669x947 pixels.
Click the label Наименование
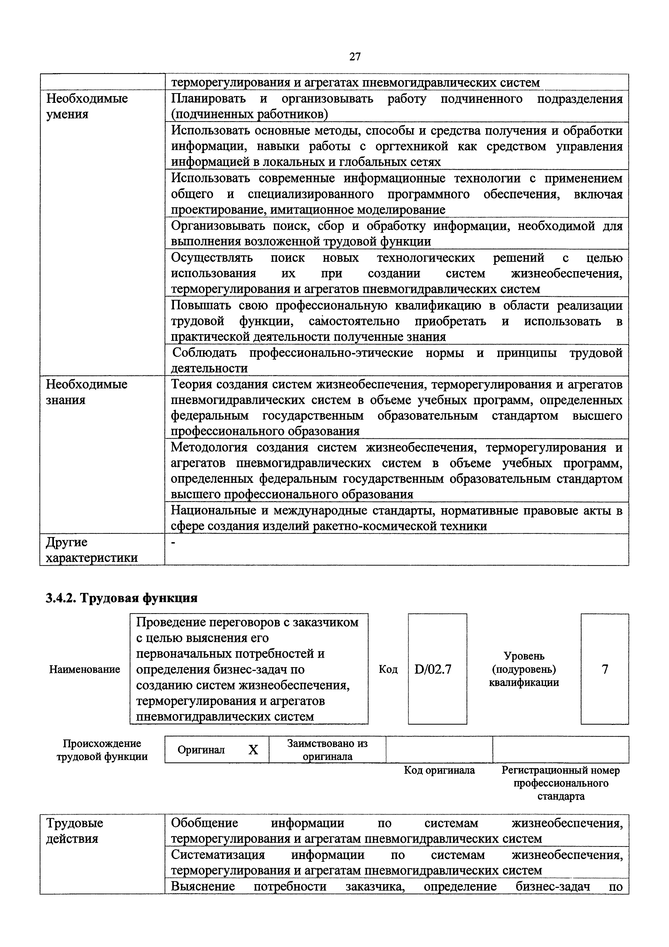pos(84,669)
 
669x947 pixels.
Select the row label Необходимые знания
pos(87,392)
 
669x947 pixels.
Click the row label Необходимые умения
pos(87,106)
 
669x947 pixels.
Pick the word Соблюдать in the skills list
pos(204,353)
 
